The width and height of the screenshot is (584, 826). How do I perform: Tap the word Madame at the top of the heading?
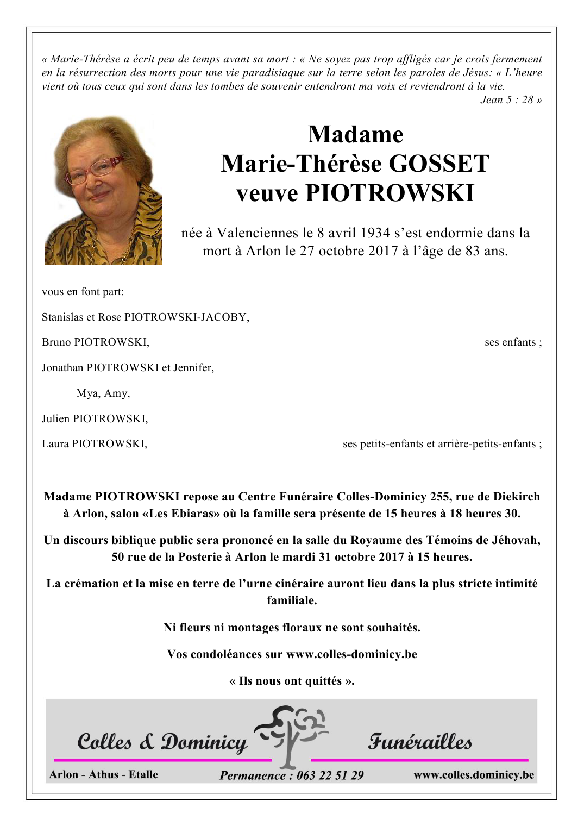(355, 134)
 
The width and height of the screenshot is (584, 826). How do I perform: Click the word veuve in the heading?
(267, 193)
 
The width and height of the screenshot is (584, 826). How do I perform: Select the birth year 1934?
(375, 233)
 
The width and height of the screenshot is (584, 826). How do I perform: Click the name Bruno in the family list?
(56, 342)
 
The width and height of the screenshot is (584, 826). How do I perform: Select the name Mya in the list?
(87, 393)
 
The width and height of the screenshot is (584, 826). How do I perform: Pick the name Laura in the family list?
(55, 444)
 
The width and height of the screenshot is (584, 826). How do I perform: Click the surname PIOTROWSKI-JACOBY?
(186, 317)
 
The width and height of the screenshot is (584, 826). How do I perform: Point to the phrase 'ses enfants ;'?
(513, 342)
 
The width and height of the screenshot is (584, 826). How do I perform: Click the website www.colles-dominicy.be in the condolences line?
(351, 654)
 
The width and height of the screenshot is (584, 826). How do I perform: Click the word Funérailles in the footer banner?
(419, 741)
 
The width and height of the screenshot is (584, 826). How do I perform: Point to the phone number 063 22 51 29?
(330, 775)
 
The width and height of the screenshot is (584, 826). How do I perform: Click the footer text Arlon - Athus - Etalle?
(104, 774)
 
